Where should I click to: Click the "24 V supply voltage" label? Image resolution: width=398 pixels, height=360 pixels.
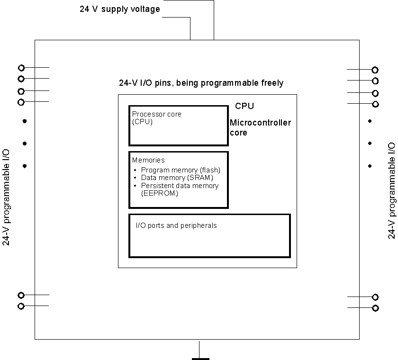[x=120, y=9]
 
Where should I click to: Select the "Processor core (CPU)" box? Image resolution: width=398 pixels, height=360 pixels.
[x=178, y=126]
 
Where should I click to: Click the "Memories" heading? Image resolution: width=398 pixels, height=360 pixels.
[x=148, y=160]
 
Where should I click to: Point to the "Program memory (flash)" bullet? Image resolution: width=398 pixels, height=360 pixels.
[x=181, y=170]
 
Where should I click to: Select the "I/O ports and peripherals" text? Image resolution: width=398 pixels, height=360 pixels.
[x=176, y=225]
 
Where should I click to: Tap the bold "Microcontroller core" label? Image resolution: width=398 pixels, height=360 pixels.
[x=260, y=128]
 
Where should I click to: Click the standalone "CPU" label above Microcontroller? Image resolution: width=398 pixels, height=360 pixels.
[x=244, y=106]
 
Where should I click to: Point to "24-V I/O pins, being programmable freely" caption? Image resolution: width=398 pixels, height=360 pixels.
[x=201, y=83]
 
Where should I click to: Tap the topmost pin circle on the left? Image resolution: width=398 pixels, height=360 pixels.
[x=21, y=68]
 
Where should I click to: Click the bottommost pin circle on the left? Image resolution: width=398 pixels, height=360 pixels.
[x=21, y=306]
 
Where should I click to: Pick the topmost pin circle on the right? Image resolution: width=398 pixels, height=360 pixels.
[x=375, y=70]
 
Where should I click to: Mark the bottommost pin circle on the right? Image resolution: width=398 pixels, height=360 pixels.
[x=375, y=308]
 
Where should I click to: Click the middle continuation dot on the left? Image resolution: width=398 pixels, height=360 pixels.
[x=25, y=144]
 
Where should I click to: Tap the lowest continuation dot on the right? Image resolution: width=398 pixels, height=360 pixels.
[x=370, y=166]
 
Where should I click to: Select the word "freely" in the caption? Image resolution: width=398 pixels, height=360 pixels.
[x=272, y=83]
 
